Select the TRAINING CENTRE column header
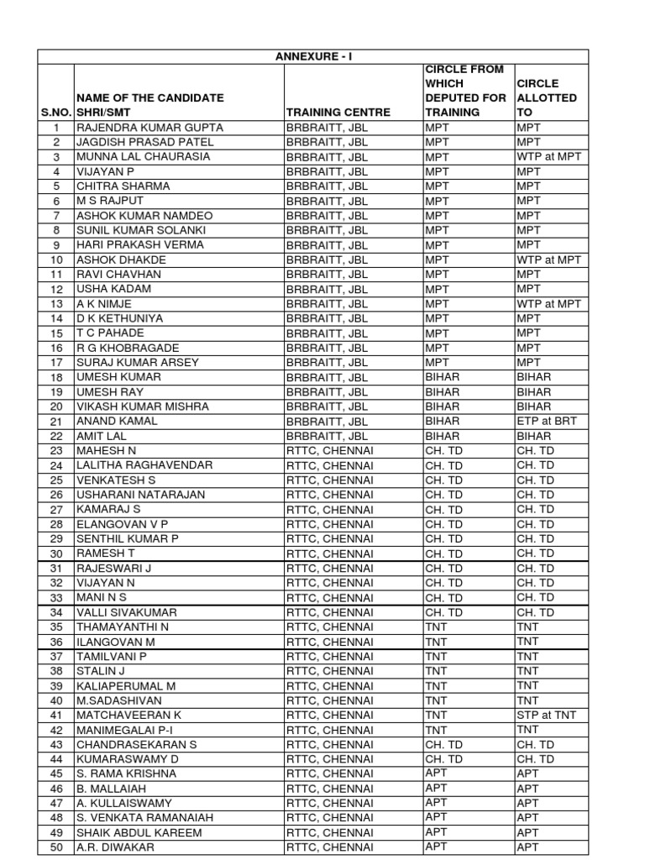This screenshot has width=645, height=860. tap(338, 112)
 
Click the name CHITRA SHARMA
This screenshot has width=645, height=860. tap(123, 186)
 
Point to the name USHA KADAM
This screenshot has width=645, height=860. tap(114, 289)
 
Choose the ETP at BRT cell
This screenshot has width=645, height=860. tap(547, 422)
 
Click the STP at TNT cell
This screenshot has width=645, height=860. tap(547, 716)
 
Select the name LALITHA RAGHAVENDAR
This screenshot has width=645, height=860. tap(144, 465)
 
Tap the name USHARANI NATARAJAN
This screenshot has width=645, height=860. tap(140, 495)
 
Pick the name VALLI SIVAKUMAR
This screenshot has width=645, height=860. tap(127, 612)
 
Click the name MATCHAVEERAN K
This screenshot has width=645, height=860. tap(128, 716)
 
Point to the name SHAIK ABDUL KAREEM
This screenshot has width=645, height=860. tap(139, 833)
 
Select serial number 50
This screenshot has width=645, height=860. tap(56, 847)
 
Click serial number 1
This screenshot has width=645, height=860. tap(56, 128)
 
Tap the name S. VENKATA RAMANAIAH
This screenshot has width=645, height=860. tap(144, 818)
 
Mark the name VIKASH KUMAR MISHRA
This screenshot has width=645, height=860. tap(143, 406)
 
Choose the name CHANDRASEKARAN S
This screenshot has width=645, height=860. tap(137, 745)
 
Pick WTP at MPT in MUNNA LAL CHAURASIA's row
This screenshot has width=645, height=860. tap(548, 157)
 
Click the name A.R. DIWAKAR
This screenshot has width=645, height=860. tap(115, 847)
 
